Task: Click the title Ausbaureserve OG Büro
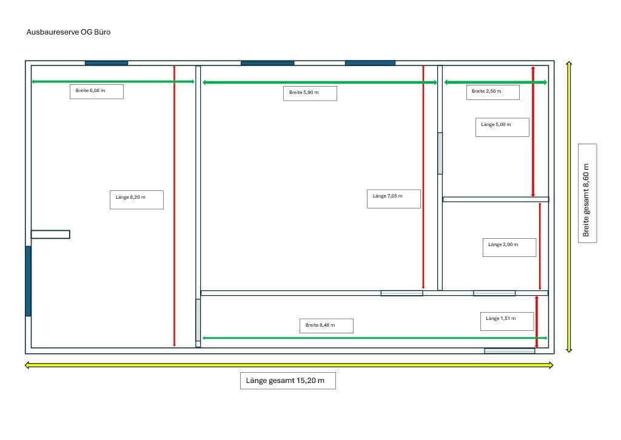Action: [x=69, y=32]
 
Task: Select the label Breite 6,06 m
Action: [x=96, y=92]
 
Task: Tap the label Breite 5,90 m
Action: [x=310, y=93]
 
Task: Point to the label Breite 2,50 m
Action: [x=492, y=92]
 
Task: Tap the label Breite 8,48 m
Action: [x=326, y=325]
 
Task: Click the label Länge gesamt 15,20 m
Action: [x=288, y=381]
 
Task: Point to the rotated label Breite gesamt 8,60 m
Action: [x=587, y=193]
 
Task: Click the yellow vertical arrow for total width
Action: [x=569, y=206]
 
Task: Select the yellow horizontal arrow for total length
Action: [x=289, y=365]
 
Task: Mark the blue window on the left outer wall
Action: [x=28, y=281]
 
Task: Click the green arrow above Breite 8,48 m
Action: [x=374, y=338]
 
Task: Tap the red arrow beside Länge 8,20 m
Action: [x=174, y=206]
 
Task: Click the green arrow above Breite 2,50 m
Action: [x=495, y=82]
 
